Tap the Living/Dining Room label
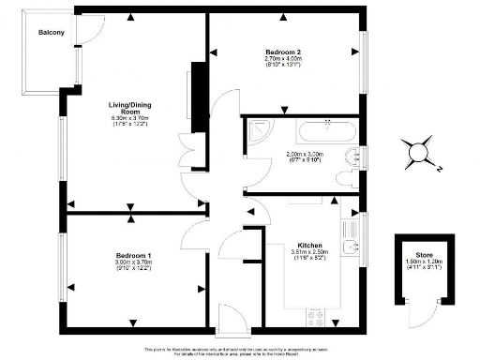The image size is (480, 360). pos(124,107)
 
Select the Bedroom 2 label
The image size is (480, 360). pos(282,52)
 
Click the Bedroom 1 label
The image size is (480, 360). pos(134,255)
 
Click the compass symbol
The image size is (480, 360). pos(417,150)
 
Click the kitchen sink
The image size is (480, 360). pos(349,246)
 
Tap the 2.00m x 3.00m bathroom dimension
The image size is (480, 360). pos(306,158)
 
